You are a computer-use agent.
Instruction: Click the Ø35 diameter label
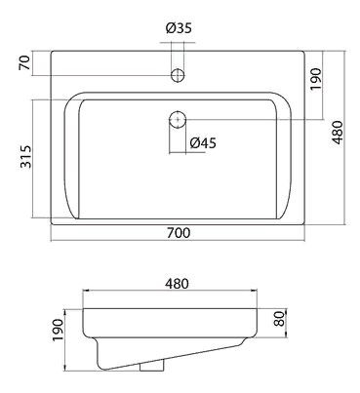[x=178, y=27]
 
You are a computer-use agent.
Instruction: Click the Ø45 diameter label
[x=203, y=142]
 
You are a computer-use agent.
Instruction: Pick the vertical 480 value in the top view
[x=341, y=137]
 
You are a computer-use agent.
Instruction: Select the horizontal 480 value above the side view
[x=177, y=284]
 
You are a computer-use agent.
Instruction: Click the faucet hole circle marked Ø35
[x=178, y=75]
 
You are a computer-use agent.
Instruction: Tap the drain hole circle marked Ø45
[x=178, y=119]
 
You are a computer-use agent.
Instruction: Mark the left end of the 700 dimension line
[x=50, y=243]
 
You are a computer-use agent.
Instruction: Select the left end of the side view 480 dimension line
[x=83, y=293]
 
